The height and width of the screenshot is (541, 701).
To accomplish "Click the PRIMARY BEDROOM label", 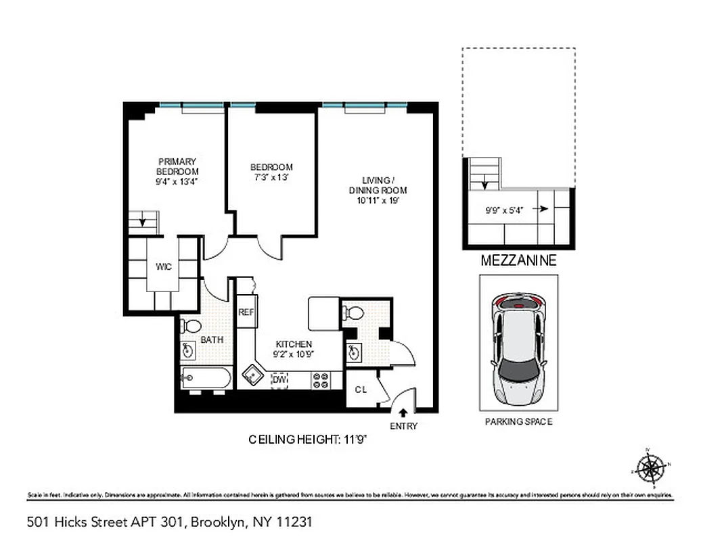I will pyautogui.click(x=177, y=166).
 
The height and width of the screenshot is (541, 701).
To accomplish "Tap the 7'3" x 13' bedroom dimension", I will pyautogui.click(x=271, y=177).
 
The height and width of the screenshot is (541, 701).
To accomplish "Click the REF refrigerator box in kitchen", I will pyautogui.click(x=245, y=312).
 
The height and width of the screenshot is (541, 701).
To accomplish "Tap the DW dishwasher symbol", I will pyautogui.click(x=279, y=380).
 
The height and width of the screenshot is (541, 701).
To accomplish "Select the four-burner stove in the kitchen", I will pyautogui.click(x=320, y=381).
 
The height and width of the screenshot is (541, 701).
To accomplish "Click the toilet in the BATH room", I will pyautogui.click(x=191, y=326).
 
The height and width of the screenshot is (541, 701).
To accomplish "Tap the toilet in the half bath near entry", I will pyautogui.click(x=355, y=313).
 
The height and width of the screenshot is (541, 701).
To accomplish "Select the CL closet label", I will pyautogui.click(x=361, y=390).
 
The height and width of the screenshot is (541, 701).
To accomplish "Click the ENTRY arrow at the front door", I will pyautogui.click(x=403, y=412).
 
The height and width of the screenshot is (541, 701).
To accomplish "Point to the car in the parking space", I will pyautogui.click(x=518, y=348).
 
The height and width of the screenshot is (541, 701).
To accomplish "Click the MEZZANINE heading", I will pyautogui.click(x=518, y=261).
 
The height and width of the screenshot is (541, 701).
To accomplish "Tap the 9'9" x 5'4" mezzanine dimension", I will pyautogui.click(x=503, y=210).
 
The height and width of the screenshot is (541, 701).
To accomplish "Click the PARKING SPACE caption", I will pyautogui.click(x=518, y=422).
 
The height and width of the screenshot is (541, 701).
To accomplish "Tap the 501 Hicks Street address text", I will pyautogui.click(x=169, y=522).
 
